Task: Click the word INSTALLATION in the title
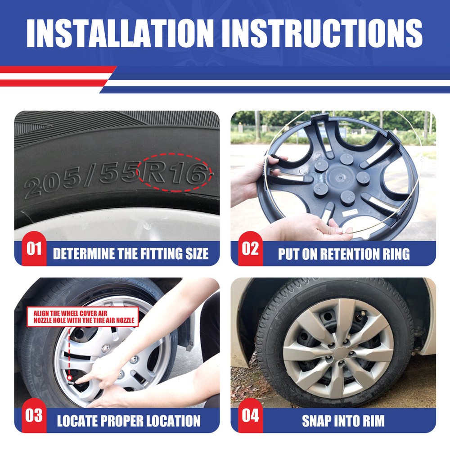120,33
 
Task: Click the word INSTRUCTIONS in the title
326,33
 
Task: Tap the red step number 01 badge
34,248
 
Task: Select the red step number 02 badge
250,248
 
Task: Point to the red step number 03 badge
34,415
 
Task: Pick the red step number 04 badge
250,415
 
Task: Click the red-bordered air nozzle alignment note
83,317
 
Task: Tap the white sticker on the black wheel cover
350,213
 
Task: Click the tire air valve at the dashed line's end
70,380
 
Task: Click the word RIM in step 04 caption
373,421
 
